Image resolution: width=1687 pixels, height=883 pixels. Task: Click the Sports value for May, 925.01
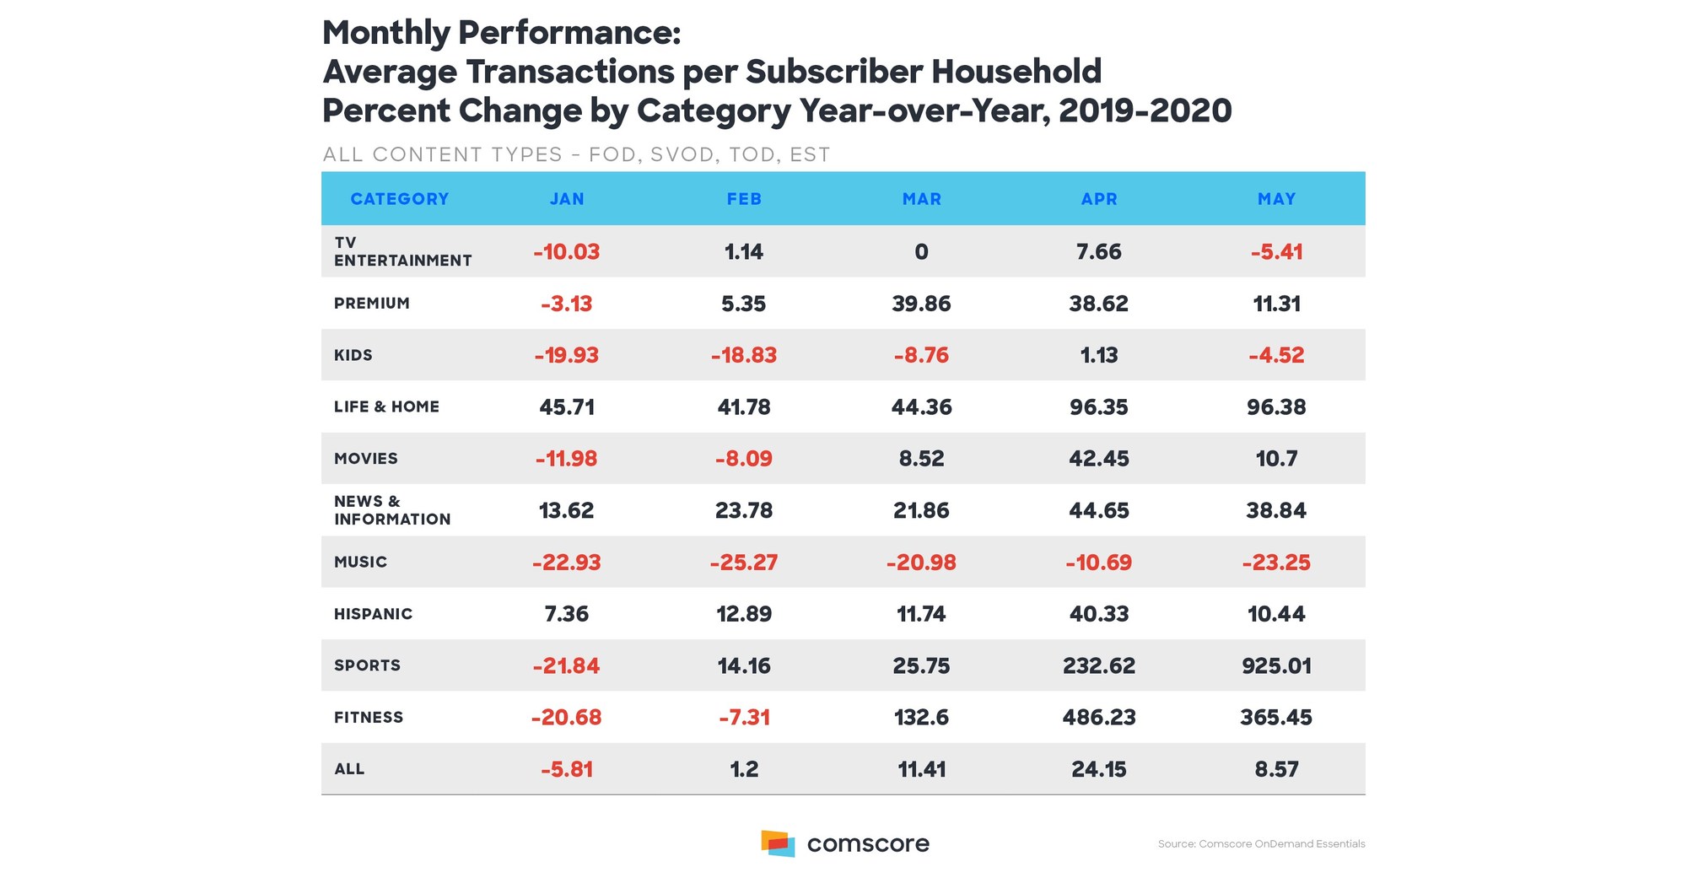[1276, 666]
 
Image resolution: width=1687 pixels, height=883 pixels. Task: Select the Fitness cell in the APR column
[1099, 718]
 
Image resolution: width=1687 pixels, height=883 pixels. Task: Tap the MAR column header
[921, 199]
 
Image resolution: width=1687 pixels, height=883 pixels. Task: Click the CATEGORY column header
[400, 199]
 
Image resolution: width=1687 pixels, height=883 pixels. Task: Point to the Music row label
[361, 563]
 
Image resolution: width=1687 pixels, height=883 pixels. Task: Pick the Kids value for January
[566, 355]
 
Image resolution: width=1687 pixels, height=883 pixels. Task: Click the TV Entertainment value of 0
[921, 252]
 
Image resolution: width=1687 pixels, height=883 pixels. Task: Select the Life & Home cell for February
[744, 407]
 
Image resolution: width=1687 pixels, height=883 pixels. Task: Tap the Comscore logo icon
[778, 843]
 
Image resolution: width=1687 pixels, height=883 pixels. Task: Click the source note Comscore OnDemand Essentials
[1261, 844]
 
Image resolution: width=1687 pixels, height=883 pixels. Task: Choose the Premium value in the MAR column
[921, 304]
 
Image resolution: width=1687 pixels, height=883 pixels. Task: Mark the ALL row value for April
[1099, 769]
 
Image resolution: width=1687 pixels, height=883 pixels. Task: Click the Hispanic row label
[374, 614]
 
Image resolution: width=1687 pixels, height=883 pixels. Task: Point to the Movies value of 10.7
[1276, 459]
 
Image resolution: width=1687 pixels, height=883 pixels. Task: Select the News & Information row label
[391, 510]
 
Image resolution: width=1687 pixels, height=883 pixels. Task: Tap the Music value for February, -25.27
[744, 563]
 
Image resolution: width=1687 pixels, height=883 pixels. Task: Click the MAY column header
[1276, 199]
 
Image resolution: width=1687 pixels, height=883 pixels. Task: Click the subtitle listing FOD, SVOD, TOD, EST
[576, 155]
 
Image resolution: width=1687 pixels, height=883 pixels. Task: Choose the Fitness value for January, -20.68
[566, 718]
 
